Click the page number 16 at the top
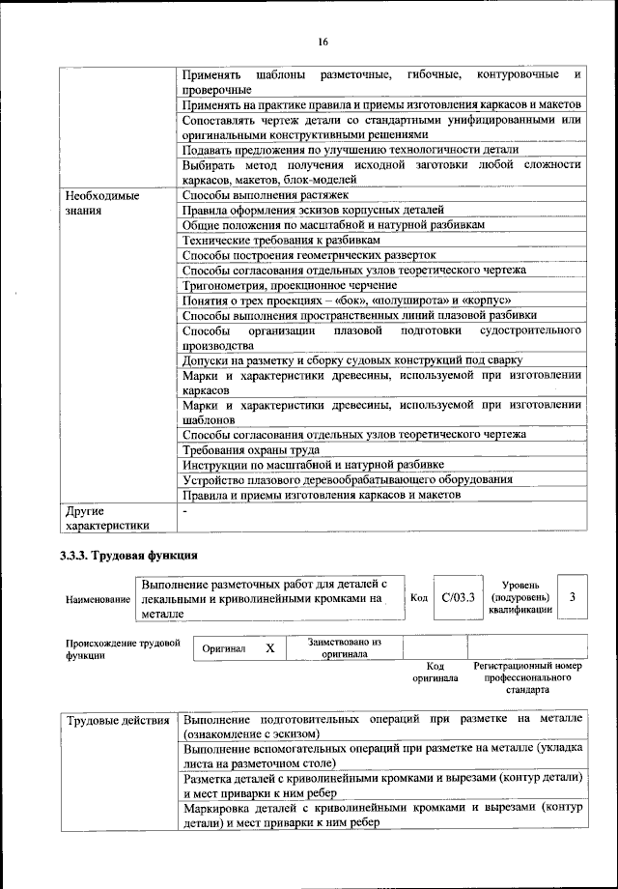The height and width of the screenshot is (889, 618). point(323,41)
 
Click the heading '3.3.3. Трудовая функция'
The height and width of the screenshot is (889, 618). point(129,556)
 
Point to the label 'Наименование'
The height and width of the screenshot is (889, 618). point(98,599)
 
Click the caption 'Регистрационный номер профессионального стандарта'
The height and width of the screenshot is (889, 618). point(527,678)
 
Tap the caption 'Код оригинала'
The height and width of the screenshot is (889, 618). point(435,673)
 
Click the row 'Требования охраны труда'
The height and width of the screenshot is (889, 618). point(251,449)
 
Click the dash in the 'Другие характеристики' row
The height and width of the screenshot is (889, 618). point(184,510)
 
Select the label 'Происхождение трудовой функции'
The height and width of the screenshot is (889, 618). point(123,647)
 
